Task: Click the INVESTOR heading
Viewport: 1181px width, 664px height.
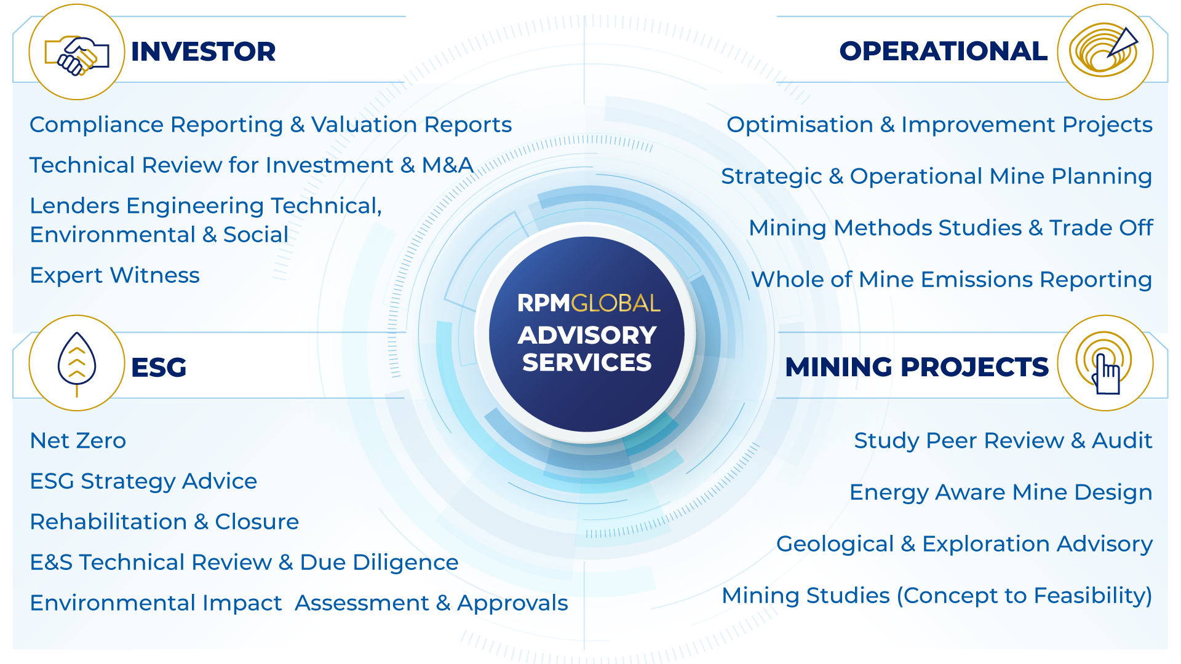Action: pos(203,52)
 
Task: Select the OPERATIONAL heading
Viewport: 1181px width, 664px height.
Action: pos(944,51)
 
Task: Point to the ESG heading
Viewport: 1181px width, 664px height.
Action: pos(159,368)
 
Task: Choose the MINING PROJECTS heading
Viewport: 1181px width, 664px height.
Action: pos(917,367)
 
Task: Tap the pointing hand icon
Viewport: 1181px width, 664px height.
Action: pos(1105,364)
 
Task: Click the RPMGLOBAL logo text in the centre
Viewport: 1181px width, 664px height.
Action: pos(589,303)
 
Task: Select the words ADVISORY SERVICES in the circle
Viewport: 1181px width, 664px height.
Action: pos(587,349)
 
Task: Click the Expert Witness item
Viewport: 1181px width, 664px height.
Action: pos(115,275)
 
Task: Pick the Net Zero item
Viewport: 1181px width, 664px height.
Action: pos(78,441)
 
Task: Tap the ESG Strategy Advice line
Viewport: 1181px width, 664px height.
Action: pos(144,481)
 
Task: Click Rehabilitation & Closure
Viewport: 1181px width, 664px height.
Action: pos(165,522)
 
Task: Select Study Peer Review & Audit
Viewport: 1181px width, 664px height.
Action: pos(1003,441)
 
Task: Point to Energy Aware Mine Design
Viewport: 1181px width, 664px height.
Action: pos(1001,492)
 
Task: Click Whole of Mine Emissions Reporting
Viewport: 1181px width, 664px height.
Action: pos(952,280)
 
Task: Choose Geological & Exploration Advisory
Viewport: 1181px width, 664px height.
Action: pos(964,544)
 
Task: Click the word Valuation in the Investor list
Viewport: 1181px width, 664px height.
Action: pos(365,125)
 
